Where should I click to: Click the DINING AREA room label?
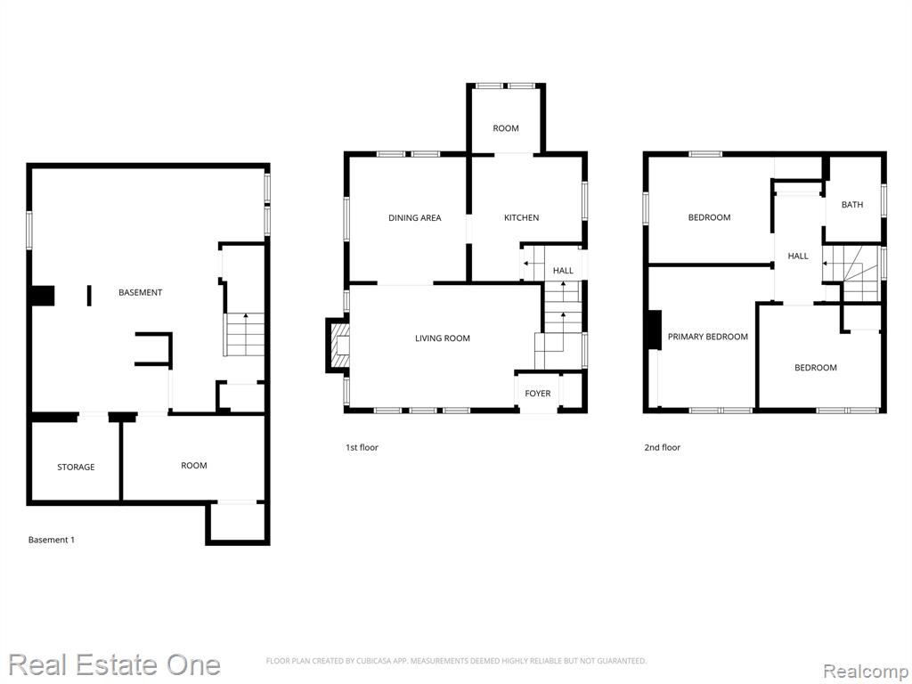pos(415,217)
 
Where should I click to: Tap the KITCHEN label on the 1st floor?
pos(521,217)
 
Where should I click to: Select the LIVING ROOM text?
pos(442,338)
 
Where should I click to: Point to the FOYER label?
pos(537,393)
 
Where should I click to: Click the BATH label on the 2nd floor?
pos(852,205)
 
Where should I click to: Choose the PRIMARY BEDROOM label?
pos(707,337)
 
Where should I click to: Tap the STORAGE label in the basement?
pos(76,467)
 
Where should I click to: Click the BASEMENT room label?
pos(140,292)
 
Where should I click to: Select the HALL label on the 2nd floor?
pos(798,256)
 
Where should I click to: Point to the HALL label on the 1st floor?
pos(563,271)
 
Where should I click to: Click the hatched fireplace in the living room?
pos(338,345)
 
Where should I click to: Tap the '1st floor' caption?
pos(362,447)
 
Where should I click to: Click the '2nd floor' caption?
pos(662,447)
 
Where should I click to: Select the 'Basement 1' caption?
pos(51,540)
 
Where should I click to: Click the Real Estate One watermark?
pos(115,664)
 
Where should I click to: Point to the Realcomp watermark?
pos(867,671)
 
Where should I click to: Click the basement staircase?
pos(244,335)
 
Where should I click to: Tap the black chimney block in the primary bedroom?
pos(655,330)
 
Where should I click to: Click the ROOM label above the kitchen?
pos(506,128)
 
